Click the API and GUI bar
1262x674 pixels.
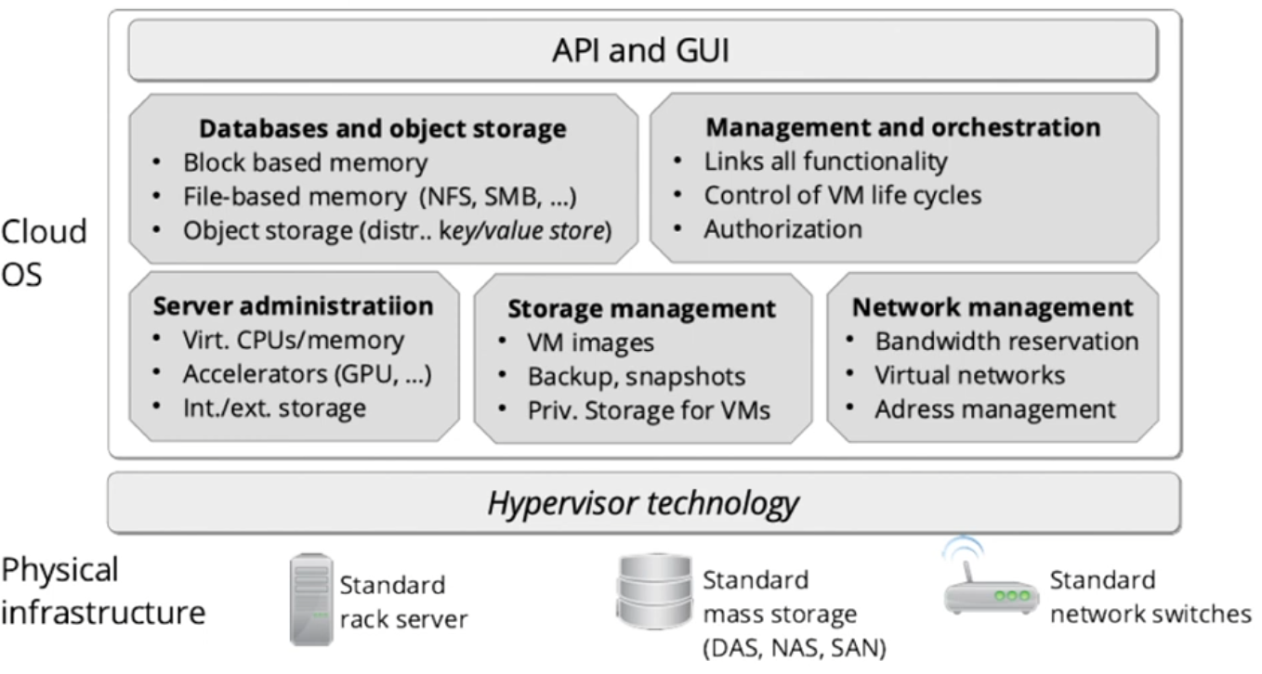(x=642, y=50)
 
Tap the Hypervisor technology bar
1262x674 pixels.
(x=643, y=503)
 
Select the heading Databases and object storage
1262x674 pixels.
(x=383, y=128)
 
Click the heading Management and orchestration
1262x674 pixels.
(x=903, y=126)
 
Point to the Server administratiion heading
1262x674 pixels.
(x=293, y=305)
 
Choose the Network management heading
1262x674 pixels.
(x=993, y=306)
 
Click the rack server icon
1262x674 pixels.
(x=311, y=599)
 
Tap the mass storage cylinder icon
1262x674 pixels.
(x=653, y=590)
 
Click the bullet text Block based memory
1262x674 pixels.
(x=305, y=163)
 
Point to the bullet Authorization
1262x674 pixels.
(x=782, y=228)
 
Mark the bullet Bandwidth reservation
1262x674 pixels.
(x=1006, y=342)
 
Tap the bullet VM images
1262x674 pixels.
(x=591, y=343)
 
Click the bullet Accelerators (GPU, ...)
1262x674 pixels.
(x=308, y=374)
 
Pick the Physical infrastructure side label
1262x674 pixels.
(x=102, y=591)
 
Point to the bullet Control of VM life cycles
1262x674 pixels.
(x=842, y=196)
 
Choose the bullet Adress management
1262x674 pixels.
(x=994, y=408)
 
